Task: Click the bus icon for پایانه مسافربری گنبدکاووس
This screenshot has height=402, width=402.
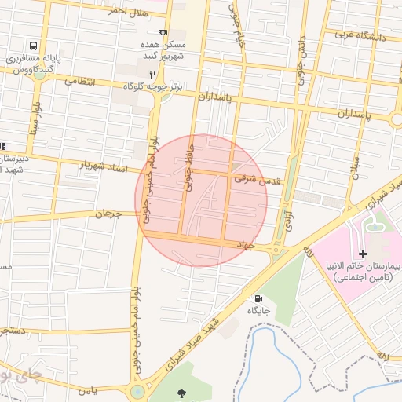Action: pos(34,46)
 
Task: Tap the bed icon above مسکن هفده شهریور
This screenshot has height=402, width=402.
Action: pos(163,32)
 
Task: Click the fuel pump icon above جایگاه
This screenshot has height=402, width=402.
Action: pos(258,298)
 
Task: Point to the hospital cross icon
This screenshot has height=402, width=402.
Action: pos(362,253)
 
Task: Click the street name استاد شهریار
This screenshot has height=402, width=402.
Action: pos(104,167)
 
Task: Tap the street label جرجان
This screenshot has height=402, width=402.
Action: pos(110,213)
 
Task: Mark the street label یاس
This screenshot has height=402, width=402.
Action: pos(89,390)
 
